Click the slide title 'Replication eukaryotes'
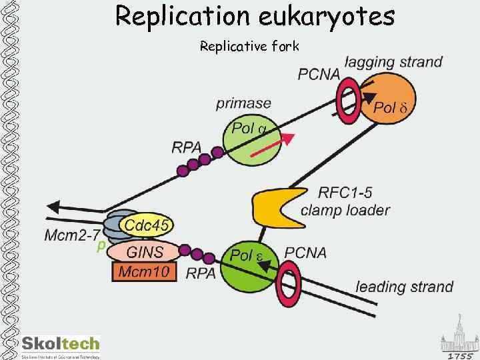(255, 16)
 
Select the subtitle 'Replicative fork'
(250, 46)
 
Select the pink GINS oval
(144, 252)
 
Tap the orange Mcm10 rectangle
(144, 271)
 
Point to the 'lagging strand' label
(393, 62)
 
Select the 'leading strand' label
(404, 287)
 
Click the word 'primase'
(243, 103)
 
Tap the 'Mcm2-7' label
(72, 235)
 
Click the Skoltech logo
(60, 345)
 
